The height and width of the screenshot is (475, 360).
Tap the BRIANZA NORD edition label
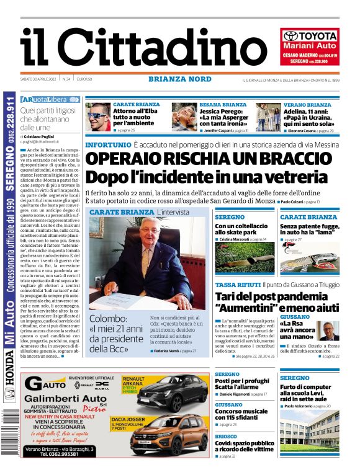tap(180, 79)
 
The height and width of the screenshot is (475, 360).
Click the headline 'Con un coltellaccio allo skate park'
tap(242, 230)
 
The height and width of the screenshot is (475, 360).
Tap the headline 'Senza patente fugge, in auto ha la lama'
tap(308, 230)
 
